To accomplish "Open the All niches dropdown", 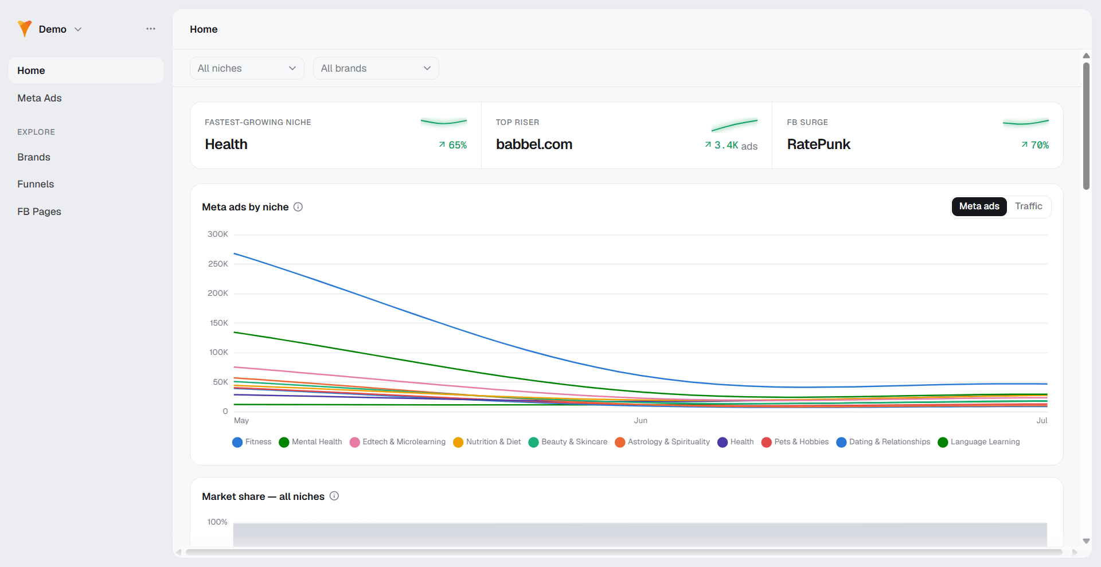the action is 247,68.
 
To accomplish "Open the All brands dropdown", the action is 376,68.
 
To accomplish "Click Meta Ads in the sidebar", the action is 40,98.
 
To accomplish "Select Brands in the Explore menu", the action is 34,157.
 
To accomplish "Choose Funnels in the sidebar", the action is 36,184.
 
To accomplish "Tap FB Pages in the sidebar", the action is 39,212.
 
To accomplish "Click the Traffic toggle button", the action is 1029,206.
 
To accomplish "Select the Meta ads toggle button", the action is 979,206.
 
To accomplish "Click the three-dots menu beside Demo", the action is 151,29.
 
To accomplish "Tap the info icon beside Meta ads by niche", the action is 298,207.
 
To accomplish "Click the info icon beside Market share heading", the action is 334,496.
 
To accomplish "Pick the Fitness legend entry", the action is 252,442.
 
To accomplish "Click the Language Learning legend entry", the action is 979,442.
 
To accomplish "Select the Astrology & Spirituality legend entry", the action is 662,442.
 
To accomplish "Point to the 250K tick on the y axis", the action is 218,264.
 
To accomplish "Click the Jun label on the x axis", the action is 641,420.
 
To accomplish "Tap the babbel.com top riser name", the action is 534,144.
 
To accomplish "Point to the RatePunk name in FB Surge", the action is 818,144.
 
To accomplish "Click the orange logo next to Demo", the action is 25,29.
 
